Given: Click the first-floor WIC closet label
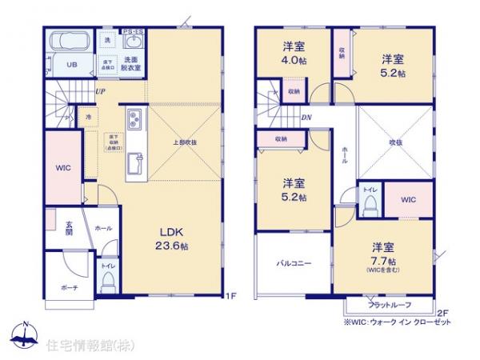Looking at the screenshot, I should (x=63, y=168).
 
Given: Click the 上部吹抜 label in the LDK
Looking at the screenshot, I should (x=185, y=142).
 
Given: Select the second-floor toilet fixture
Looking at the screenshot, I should (x=369, y=206).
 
